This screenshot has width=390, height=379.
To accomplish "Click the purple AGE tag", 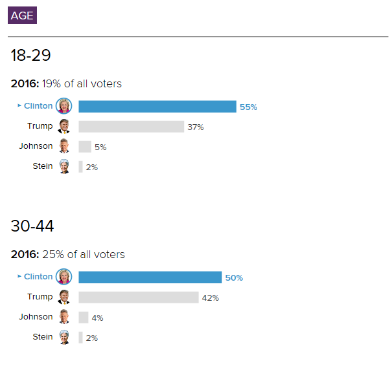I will pyautogui.click(x=22, y=15).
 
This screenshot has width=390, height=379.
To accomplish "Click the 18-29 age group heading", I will pyautogui.click(x=30, y=56).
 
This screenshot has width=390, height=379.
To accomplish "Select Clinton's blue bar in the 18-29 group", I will pyautogui.click(x=157, y=107).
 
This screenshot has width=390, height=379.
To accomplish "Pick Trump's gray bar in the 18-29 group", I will pyautogui.click(x=131, y=127).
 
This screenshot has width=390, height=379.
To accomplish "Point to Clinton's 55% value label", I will pyautogui.click(x=248, y=107).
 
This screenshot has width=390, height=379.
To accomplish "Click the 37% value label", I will pyautogui.click(x=196, y=127).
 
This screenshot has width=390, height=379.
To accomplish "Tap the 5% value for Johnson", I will pyautogui.click(x=100, y=147).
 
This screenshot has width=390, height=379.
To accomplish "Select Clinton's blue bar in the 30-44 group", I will pyautogui.click(x=150, y=277).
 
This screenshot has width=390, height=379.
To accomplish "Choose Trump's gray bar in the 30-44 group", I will pyautogui.click(x=138, y=298).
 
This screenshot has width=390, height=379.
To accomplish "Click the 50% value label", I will pyautogui.click(x=234, y=278).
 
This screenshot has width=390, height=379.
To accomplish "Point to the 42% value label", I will pyautogui.click(x=211, y=298).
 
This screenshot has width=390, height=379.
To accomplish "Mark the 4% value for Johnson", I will pyautogui.click(x=97, y=318).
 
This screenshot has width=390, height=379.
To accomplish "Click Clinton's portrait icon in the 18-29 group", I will pyautogui.click(x=64, y=106).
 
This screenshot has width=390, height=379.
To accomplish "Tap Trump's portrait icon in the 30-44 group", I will pyautogui.click(x=64, y=297).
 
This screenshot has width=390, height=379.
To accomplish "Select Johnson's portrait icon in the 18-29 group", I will pyautogui.click(x=64, y=146).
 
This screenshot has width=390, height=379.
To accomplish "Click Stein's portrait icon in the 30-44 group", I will pyautogui.click(x=64, y=337).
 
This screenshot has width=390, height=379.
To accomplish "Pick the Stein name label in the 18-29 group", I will pyautogui.click(x=43, y=166).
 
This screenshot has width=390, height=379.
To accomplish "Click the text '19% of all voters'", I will pyautogui.click(x=82, y=83).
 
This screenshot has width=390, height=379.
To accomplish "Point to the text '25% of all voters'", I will pyautogui.click(x=84, y=254).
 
